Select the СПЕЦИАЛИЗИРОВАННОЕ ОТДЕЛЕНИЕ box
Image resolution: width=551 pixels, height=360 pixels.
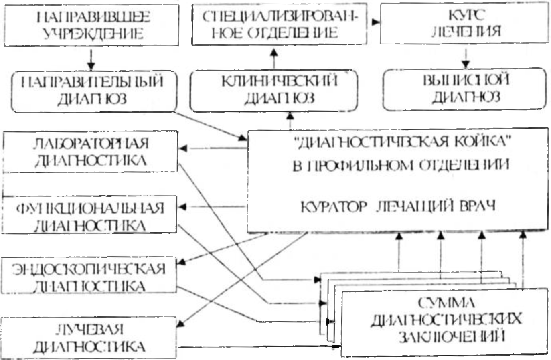279,25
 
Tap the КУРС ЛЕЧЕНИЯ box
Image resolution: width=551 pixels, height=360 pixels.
464,23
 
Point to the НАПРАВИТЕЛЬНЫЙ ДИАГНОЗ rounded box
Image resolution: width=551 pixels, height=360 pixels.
93,91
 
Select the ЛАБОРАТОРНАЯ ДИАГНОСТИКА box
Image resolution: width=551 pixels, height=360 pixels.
90,152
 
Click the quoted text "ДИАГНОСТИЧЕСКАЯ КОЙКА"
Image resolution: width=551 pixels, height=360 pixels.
401,142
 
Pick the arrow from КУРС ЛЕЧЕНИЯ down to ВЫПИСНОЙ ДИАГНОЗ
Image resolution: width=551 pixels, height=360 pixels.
465,59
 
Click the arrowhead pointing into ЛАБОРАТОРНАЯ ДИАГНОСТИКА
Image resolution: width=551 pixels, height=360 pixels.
183,148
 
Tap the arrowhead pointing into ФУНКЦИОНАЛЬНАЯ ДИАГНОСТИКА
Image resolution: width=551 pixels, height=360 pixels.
183,207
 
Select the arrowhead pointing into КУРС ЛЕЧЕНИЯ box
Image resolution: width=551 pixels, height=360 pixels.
376,22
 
